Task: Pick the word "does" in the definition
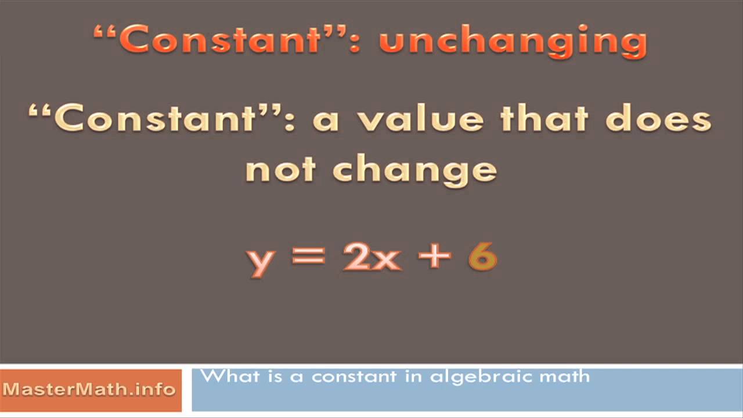[x=659, y=119]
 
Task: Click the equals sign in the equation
[x=308, y=256]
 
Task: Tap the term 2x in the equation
[x=372, y=256]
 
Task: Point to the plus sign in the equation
[x=435, y=256]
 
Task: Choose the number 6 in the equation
[x=482, y=256]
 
